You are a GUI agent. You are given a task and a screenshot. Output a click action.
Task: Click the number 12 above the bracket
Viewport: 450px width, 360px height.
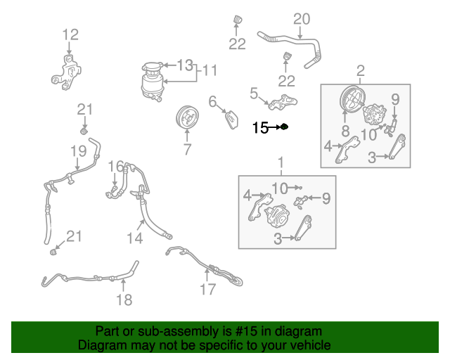pos(70,34)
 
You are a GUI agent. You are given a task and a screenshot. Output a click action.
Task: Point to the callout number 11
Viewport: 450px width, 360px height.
pos(210,70)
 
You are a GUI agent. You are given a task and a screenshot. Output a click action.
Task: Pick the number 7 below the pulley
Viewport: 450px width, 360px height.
pos(187,149)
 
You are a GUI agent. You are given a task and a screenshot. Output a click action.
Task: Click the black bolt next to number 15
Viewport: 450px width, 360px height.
pos(284,127)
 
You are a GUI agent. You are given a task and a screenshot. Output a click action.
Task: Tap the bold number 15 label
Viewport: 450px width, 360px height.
pos(260,127)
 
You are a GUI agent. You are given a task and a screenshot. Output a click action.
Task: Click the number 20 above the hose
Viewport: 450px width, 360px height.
pos(301,19)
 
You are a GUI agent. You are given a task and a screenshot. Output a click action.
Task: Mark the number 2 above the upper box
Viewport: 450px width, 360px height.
pos(361,70)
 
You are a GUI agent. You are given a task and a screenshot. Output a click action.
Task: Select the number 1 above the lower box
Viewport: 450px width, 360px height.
pos(281,163)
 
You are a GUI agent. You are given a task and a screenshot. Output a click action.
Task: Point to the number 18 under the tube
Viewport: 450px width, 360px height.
pos(123,300)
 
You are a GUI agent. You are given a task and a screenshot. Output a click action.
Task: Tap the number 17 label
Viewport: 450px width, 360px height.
pos(207,290)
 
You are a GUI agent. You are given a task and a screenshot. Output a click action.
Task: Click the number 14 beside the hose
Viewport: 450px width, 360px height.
pos(135,238)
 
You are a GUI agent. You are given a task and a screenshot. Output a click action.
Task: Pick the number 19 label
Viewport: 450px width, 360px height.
pos(77,150)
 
